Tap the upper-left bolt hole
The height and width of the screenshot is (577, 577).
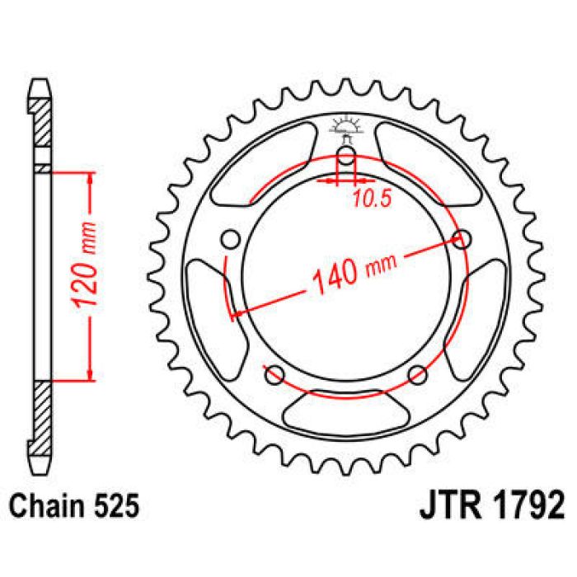232,239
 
